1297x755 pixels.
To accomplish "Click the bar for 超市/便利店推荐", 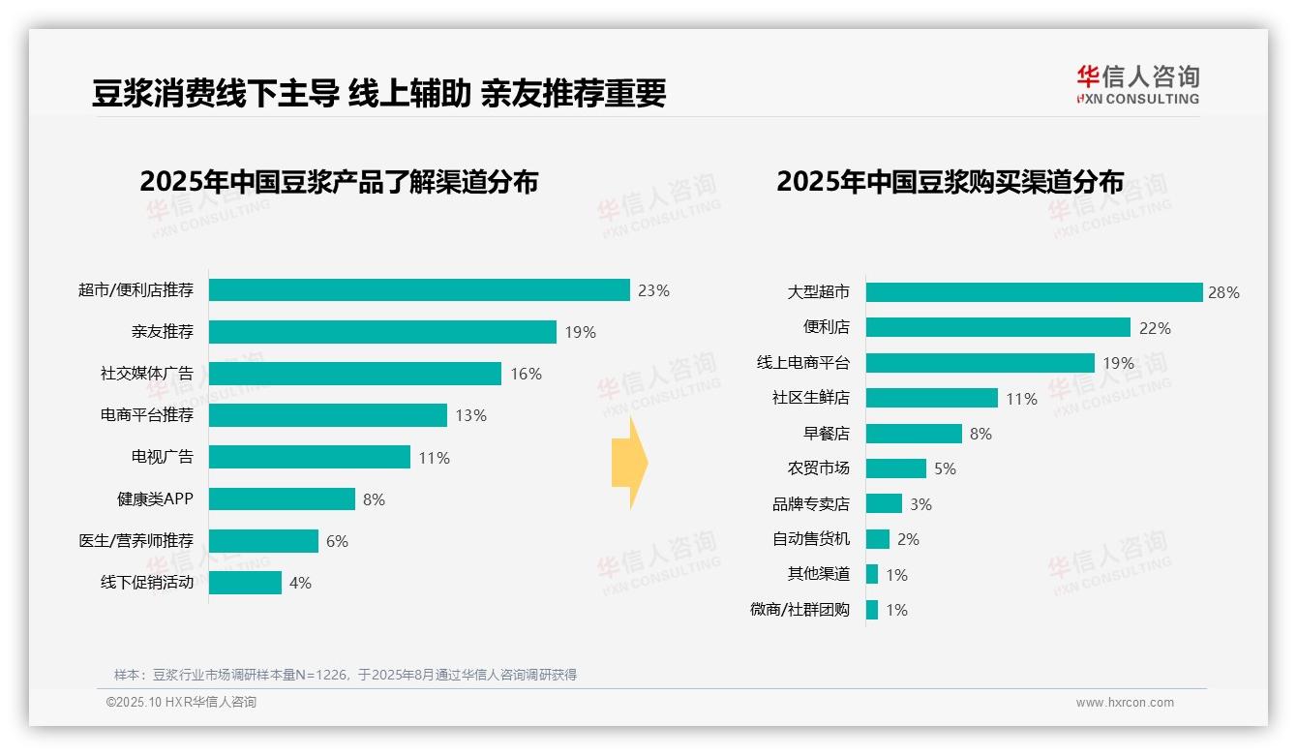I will pos(419,290).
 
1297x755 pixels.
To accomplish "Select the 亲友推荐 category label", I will pos(162,332).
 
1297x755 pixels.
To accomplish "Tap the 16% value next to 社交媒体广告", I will pos(526,374).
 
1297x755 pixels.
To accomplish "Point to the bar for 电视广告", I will pos(310,457).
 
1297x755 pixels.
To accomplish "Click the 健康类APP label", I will pos(155,499).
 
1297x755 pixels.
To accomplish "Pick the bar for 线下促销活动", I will pos(245,583).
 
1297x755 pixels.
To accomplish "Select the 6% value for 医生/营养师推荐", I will pos(337,541).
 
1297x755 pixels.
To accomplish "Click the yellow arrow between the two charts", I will pos(629,463).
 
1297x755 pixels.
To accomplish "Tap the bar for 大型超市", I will pos(1034,292).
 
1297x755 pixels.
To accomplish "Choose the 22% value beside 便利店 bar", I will pos(1155,328).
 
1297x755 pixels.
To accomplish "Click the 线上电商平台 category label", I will pos(802,363).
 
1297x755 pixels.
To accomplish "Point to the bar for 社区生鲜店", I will pos(931,398).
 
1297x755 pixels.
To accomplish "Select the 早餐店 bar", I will pos(914,434).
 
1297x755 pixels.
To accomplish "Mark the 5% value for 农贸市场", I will pos(945,468).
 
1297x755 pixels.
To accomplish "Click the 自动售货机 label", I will pos(810,539).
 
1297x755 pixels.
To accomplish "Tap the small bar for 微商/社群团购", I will pos(872,610).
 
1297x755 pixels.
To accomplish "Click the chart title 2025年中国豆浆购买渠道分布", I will pos(950,182).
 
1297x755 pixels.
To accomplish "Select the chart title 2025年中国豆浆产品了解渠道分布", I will pos(339,182).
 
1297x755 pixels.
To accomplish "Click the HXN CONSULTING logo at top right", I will pos(1137,85).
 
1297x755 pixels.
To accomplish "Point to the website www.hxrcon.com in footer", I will pos(1125,703).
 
